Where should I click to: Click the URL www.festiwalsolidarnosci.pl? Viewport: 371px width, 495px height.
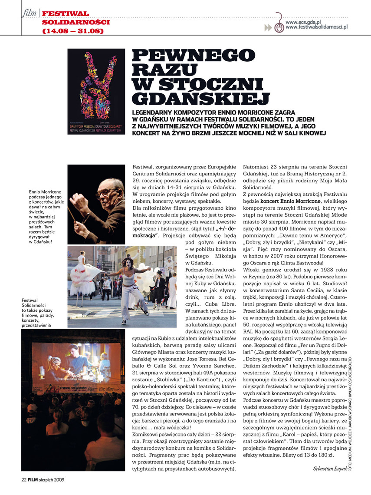[317, 28]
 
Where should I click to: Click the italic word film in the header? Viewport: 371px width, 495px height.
[30, 14]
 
